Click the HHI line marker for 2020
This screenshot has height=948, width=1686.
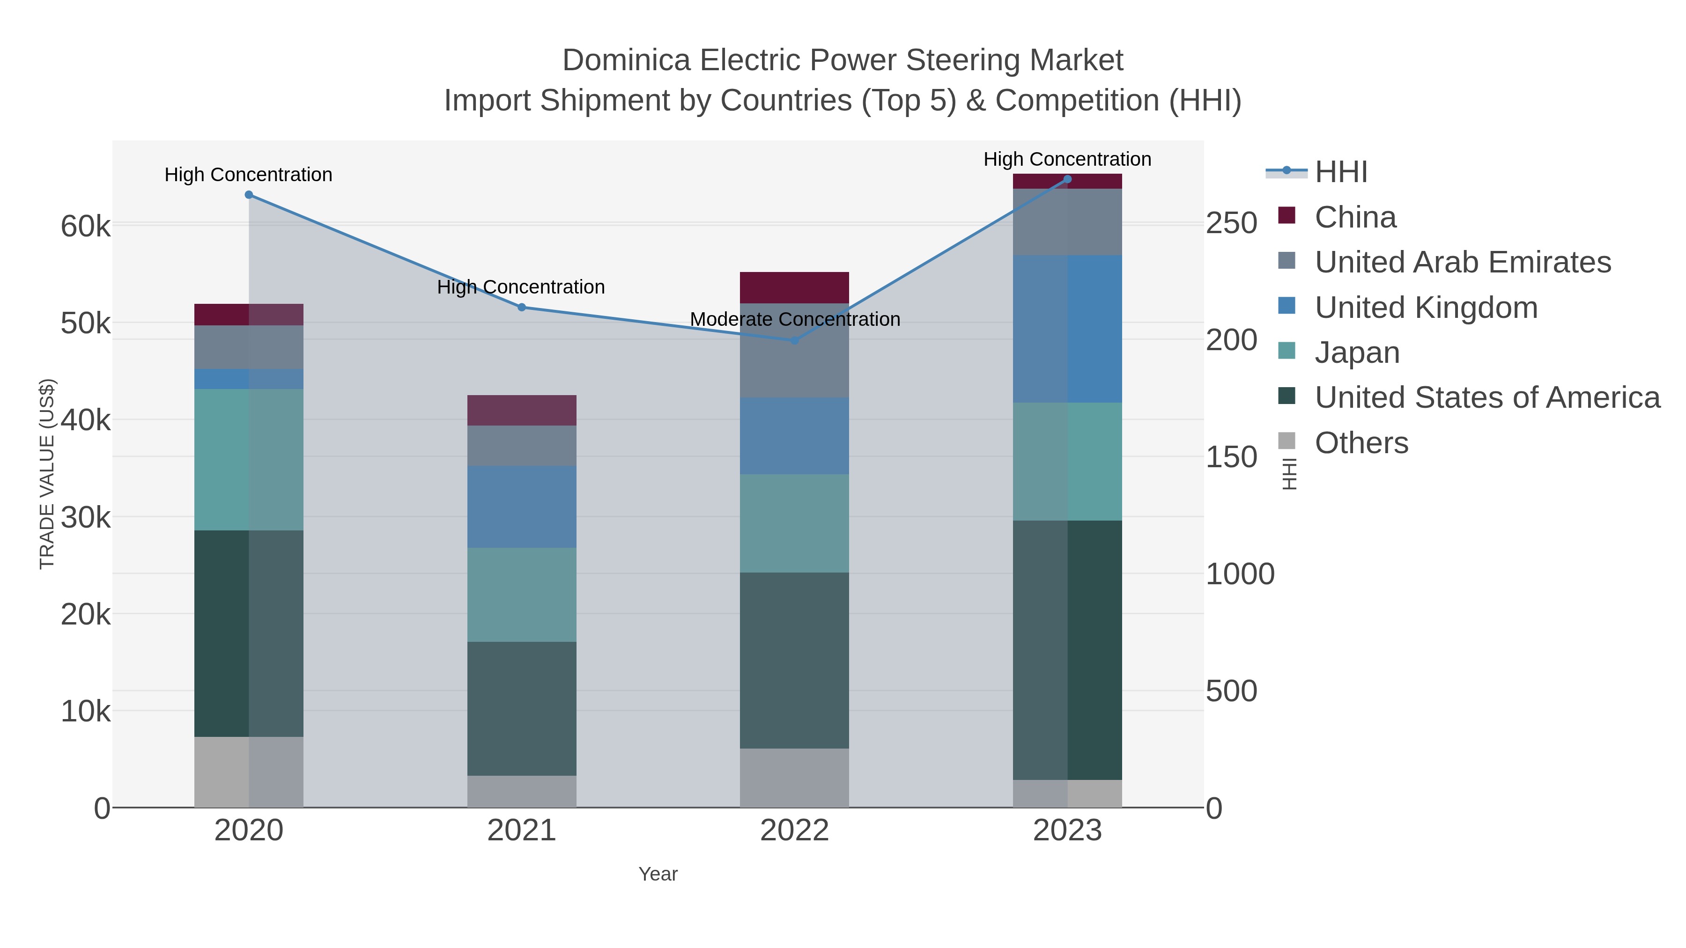pyautogui.click(x=249, y=195)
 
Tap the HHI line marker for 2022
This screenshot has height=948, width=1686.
pyautogui.click(x=795, y=340)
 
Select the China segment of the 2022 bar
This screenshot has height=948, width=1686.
pyautogui.click(x=795, y=287)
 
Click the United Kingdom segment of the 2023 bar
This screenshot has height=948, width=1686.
pyautogui.click(x=1067, y=329)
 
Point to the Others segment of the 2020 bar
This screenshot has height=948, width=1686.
pyautogui.click(x=249, y=772)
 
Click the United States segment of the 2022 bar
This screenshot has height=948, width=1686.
pyautogui.click(x=795, y=660)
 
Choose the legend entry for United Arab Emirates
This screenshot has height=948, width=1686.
pyautogui.click(x=1462, y=262)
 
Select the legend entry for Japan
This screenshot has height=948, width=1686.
pyautogui.click(x=1357, y=353)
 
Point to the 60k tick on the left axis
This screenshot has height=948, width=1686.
pyautogui.click(x=86, y=227)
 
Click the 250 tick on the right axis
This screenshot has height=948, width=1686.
pyautogui.click(x=1232, y=223)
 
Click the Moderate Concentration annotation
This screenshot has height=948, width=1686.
pyautogui.click(x=795, y=319)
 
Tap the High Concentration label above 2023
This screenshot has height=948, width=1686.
pyautogui.click(x=1067, y=159)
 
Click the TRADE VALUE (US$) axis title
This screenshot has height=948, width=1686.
pyautogui.click(x=47, y=474)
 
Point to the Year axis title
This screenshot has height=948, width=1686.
pyautogui.click(x=658, y=874)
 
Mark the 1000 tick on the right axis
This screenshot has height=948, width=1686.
pyautogui.click(x=1240, y=574)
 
